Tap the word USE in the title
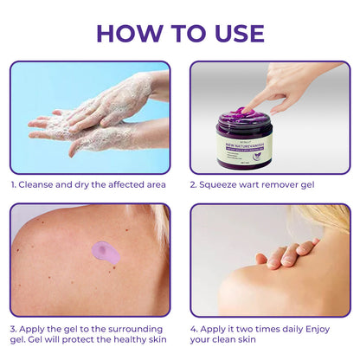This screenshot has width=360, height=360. (x=235, y=32)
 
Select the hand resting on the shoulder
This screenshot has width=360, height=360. (x=286, y=253)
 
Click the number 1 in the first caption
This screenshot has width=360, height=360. (x=13, y=183)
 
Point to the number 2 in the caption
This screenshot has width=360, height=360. (x=194, y=183)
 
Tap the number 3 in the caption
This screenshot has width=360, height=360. (x=13, y=329)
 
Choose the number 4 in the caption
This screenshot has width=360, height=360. (x=194, y=329)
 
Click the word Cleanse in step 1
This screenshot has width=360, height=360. (x=40, y=183)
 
